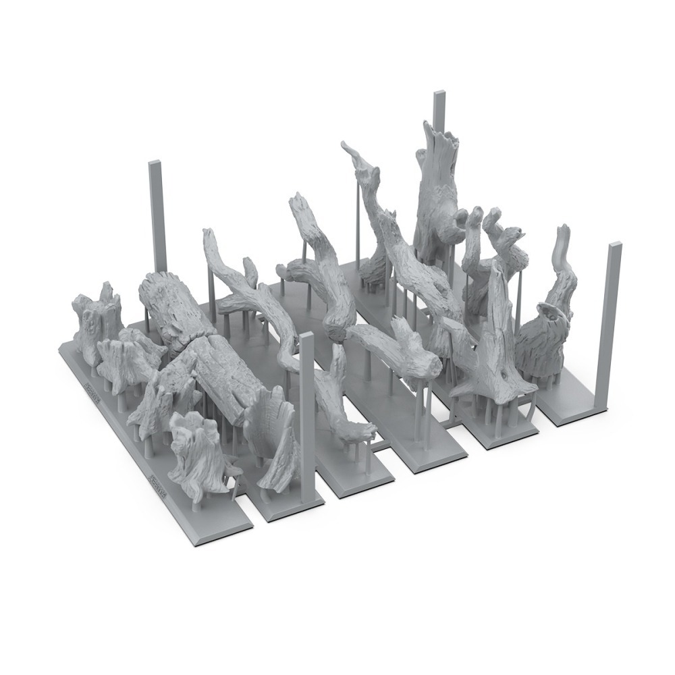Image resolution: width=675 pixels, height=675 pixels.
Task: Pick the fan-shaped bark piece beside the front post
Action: click(273, 439)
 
